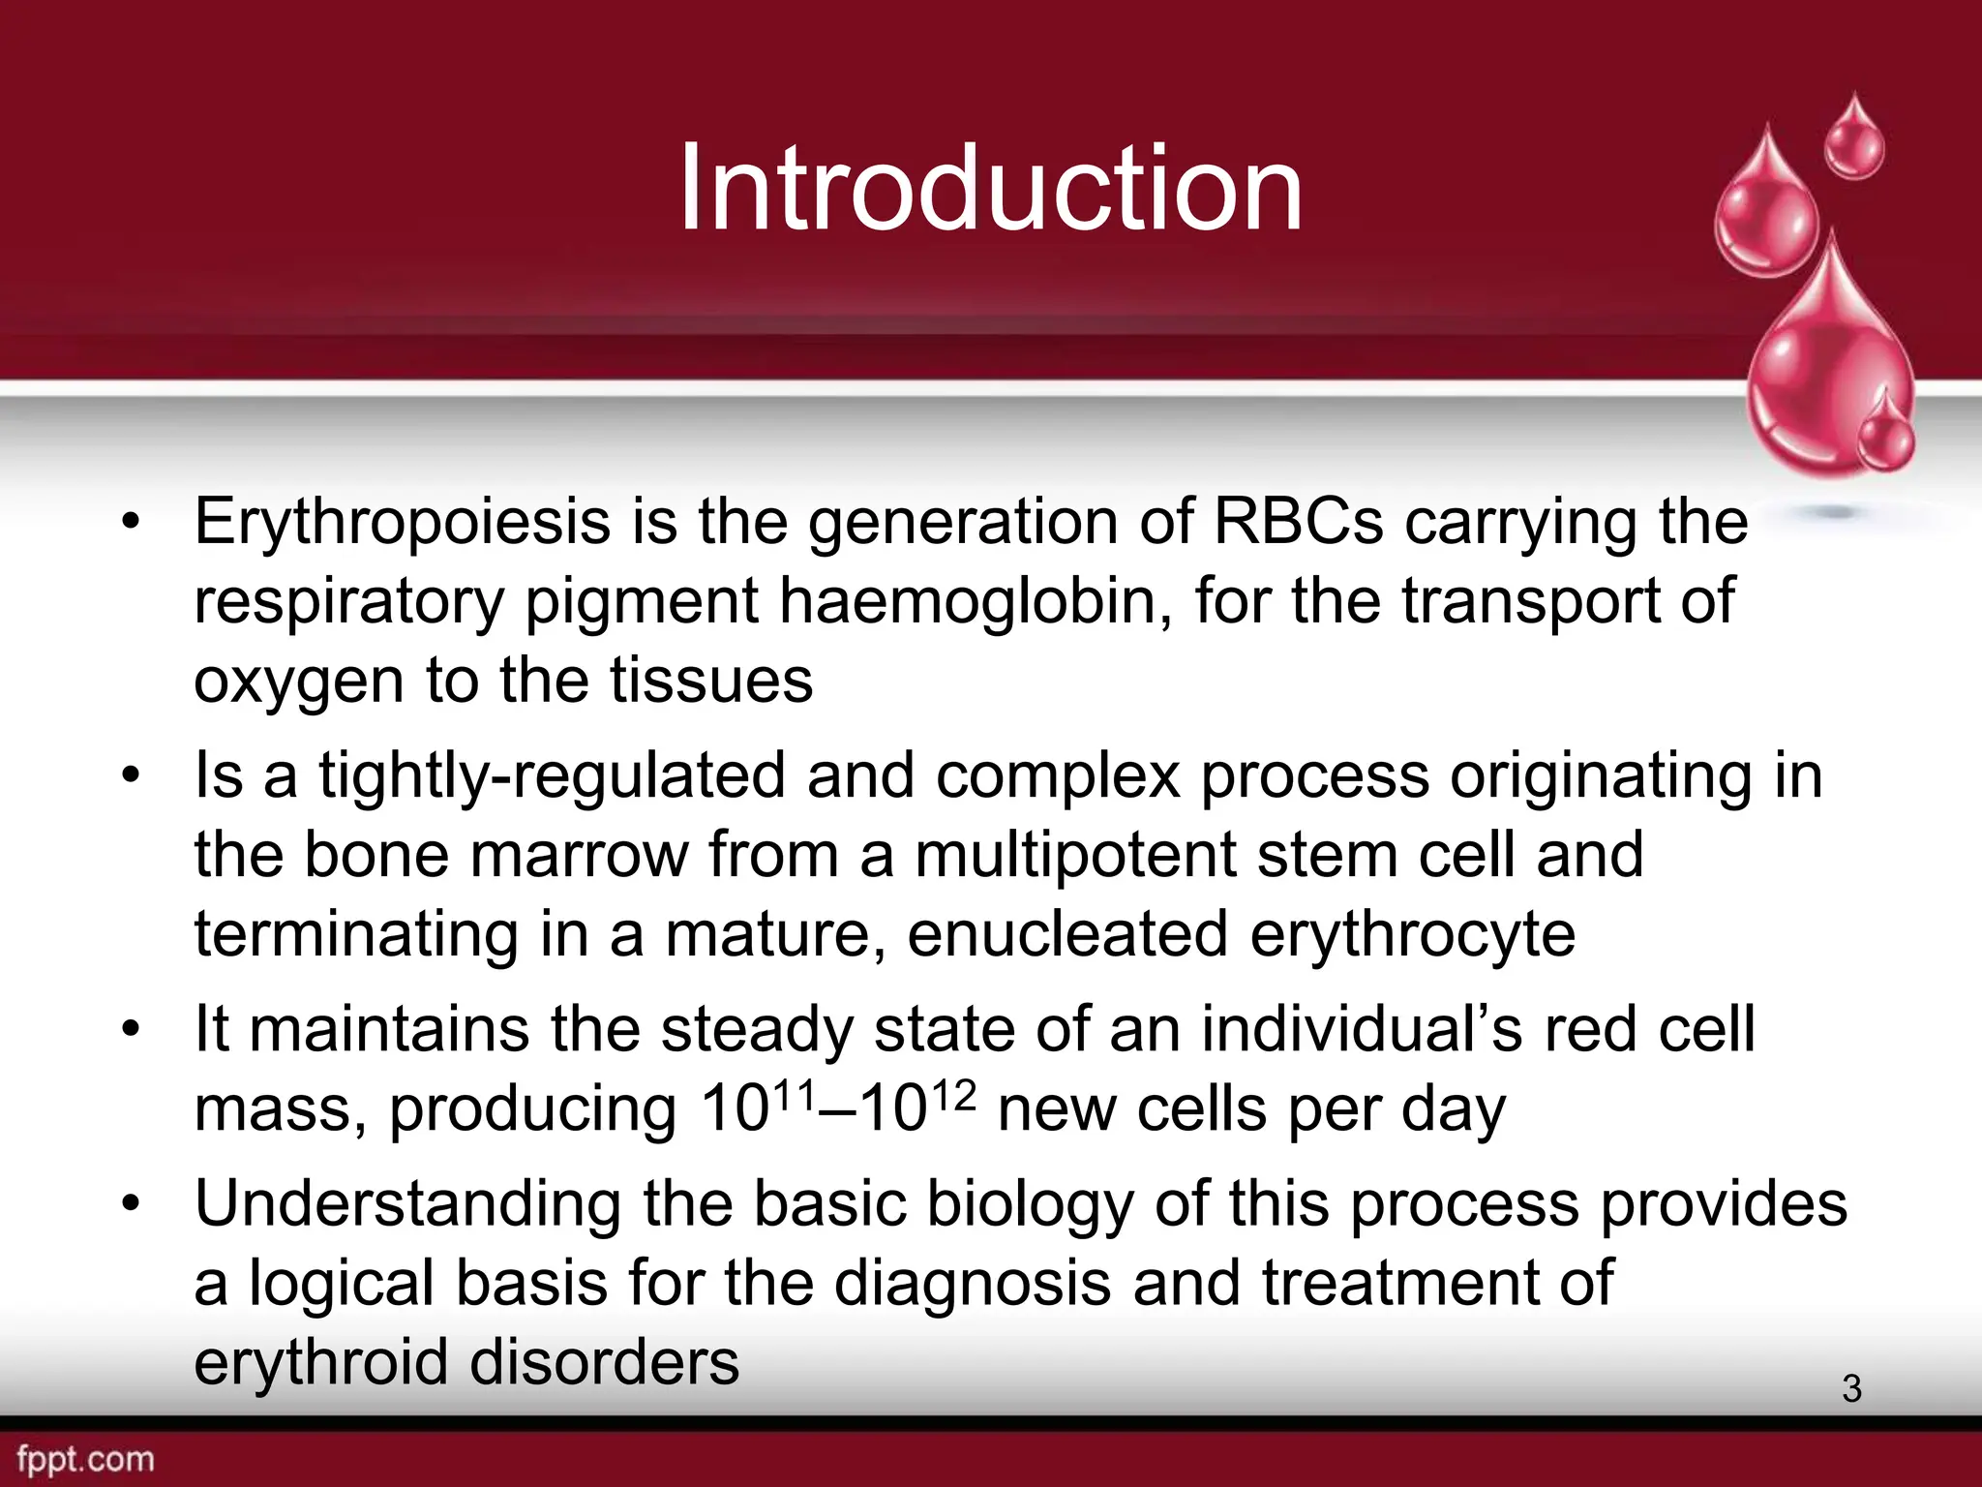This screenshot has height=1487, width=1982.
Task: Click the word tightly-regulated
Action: coord(552,776)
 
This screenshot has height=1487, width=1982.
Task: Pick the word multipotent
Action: coord(1074,856)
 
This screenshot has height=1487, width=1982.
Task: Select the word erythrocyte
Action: coord(1412,935)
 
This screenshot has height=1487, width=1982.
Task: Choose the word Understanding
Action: coord(407,1204)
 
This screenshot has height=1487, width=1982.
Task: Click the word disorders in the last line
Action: coord(604,1363)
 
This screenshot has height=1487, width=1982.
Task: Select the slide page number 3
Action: coord(1851,1388)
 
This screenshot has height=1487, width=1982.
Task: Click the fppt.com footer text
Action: coord(85,1459)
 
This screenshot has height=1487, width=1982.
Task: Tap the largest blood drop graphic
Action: coord(1829,368)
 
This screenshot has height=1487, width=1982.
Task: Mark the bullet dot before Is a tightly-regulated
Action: coord(132,776)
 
